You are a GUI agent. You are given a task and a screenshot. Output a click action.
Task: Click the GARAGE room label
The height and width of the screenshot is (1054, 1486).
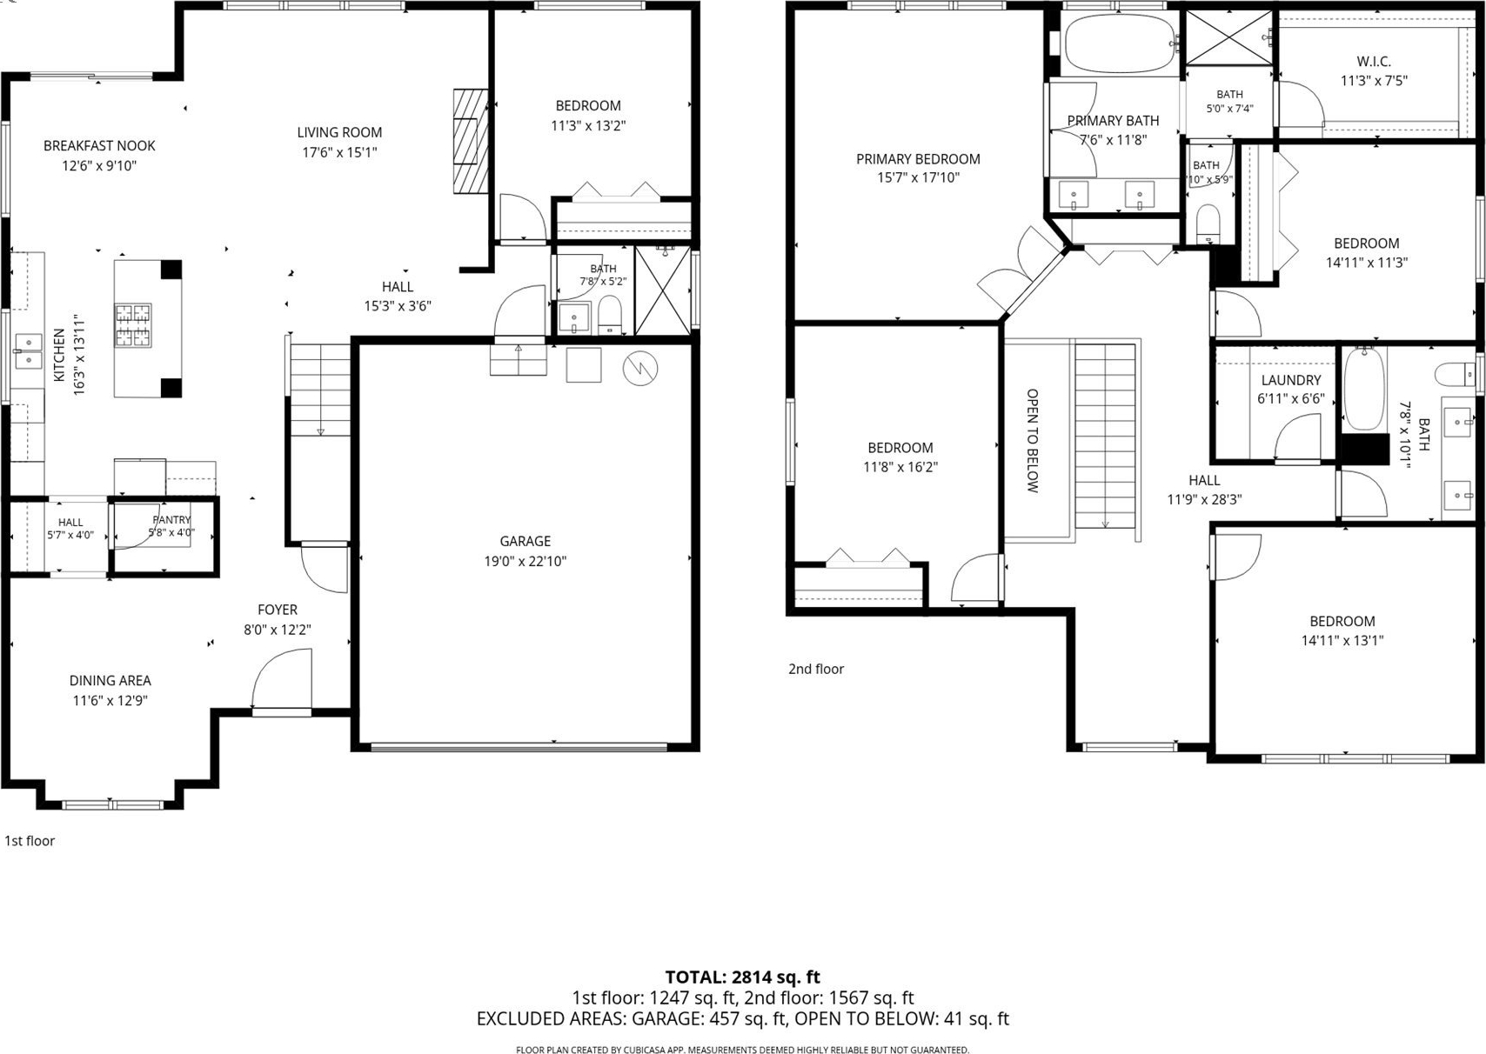[525, 541]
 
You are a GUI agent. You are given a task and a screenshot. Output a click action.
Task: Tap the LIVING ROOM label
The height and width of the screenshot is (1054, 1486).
[339, 132]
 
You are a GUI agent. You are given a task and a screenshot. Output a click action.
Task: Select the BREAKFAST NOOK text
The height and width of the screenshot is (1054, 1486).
[99, 146]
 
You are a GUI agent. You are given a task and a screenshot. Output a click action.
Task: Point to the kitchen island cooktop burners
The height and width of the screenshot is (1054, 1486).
[133, 325]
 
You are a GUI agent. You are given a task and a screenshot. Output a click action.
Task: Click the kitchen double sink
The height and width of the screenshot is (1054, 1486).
[29, 351]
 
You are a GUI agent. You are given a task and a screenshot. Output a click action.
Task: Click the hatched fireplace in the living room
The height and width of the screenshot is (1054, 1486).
[471, 141]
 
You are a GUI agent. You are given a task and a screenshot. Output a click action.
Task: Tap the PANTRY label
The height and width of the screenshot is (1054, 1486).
[171, 520]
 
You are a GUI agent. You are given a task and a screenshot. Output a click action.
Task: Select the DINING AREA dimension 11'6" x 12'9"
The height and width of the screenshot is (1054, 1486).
[110, 700]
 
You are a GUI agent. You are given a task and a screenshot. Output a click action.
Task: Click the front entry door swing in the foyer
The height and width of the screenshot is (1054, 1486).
[281, 679]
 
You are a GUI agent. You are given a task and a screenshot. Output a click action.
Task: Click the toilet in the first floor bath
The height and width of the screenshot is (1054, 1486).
[610, 316]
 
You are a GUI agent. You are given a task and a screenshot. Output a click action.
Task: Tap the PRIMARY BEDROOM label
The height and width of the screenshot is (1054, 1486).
[918, 159]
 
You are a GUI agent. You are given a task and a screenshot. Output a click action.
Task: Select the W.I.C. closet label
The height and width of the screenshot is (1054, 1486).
[1374, 62]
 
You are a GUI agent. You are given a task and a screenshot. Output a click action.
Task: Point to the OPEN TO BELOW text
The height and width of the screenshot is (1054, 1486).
[1032, 441]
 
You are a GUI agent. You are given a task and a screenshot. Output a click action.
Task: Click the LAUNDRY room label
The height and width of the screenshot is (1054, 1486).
[1291, 380]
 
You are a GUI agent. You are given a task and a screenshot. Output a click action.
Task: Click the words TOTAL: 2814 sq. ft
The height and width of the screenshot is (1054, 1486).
[742, 977]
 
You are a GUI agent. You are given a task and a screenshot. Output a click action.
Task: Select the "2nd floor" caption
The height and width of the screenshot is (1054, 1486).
[816, 669]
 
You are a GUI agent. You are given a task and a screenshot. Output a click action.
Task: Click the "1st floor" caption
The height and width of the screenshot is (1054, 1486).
[30, 841]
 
